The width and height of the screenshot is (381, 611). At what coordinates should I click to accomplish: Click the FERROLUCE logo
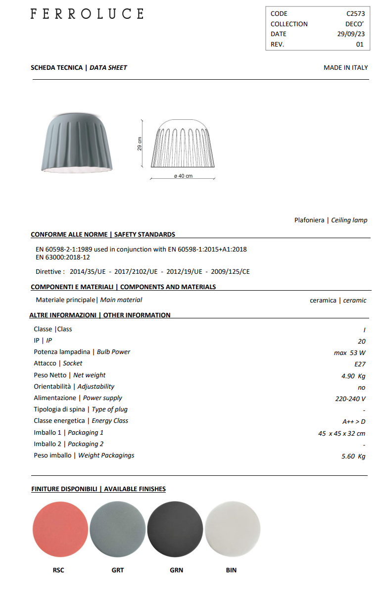[87, 14]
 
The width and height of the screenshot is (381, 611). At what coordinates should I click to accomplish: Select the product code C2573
[355, 14]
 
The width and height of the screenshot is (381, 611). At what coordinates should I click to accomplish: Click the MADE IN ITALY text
[345, 67]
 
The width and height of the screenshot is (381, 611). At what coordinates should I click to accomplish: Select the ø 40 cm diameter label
[183, 176]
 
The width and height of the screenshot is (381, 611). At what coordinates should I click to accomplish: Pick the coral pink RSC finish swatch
[60, 528]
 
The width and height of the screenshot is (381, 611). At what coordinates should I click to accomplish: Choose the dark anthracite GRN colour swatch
[175, 528]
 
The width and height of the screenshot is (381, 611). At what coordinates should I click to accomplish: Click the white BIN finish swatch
[233, 528]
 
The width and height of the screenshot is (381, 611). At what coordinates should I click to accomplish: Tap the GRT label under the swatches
[118, 570]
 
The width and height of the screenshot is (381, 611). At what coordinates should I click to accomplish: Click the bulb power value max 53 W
[349, 353]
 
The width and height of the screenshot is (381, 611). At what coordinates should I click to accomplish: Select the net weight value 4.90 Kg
[353, 376]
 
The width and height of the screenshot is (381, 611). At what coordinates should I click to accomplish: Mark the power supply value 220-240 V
[350, 399]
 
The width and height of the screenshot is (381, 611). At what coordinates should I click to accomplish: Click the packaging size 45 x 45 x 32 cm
[341, 433]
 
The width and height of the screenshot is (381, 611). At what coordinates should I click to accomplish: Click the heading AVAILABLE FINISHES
[135, 489]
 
